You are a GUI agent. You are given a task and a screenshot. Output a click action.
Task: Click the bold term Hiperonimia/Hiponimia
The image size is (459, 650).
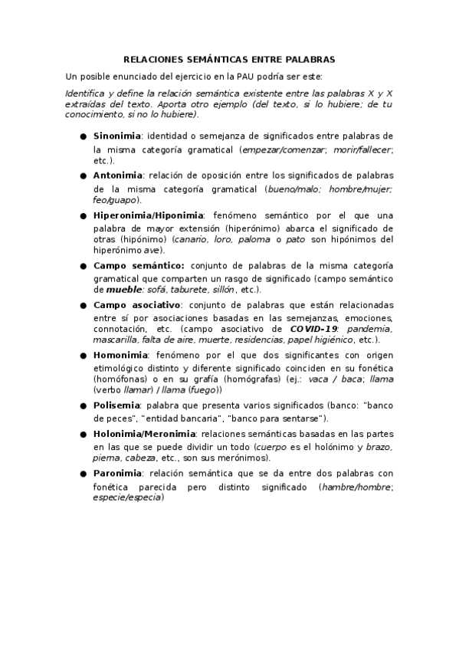pyautogui.click(x=149, y=215)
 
